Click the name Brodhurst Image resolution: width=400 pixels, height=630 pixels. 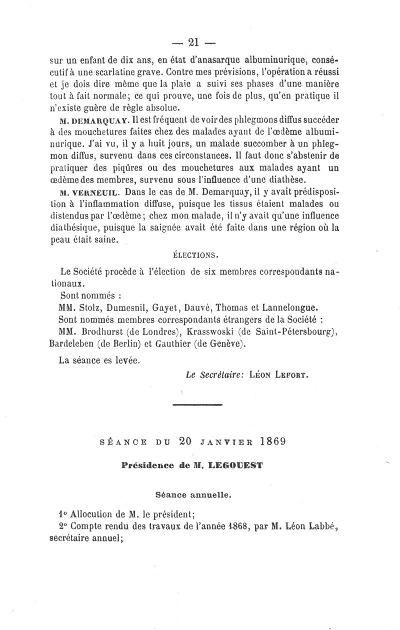coord(104,331)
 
